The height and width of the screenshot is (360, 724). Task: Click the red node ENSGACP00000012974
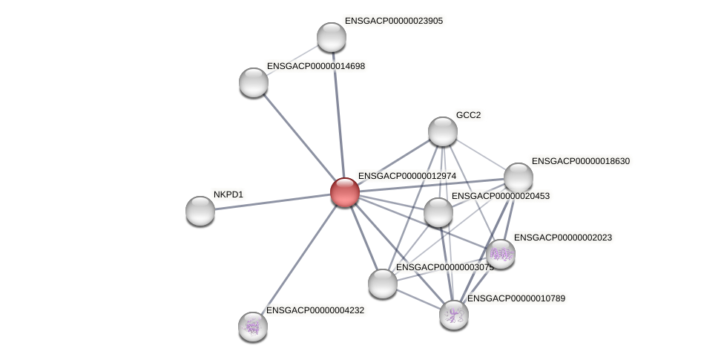[345, 192]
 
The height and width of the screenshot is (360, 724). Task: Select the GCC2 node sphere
[443, 131]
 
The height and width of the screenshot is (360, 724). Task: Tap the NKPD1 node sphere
[200, 211]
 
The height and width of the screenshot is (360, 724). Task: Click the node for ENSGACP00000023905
[332, 37]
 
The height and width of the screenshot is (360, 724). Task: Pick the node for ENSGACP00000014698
[254, 82]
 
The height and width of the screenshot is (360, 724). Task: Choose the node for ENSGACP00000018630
[519, 177]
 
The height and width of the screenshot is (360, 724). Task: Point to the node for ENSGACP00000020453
[438, 212]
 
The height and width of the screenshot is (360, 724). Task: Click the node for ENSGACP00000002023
[501, 253]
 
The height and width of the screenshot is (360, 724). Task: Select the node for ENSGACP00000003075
[383, 283]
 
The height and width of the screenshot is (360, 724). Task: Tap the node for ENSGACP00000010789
[454, 314]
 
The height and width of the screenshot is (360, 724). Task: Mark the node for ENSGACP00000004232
[253, 326]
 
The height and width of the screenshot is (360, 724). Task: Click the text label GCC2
[468, 115]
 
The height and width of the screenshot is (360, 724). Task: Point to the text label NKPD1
[228, 194]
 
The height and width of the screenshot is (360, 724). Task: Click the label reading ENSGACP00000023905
[393, 21]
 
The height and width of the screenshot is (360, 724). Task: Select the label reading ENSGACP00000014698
[315, 66]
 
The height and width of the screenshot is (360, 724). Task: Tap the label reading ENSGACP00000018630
[580, 161]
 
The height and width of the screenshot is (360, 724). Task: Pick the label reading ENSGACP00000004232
[315, 310]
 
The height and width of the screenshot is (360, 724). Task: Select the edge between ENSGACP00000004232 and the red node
[299, 259]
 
